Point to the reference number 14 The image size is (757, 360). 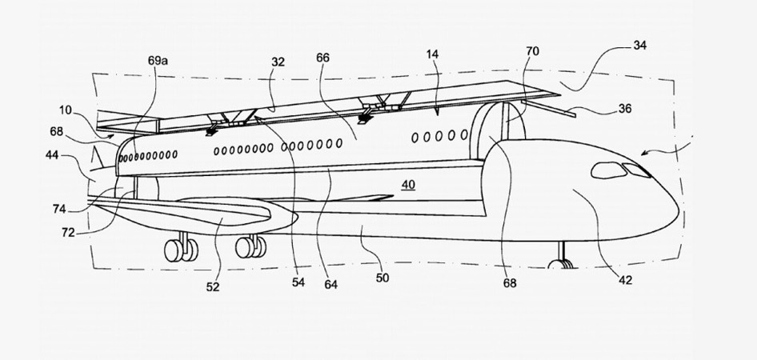[432, 54]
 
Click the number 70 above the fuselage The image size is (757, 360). [532, 51]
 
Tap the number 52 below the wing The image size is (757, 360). [214, 286]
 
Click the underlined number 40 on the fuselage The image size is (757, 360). [409, 185]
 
